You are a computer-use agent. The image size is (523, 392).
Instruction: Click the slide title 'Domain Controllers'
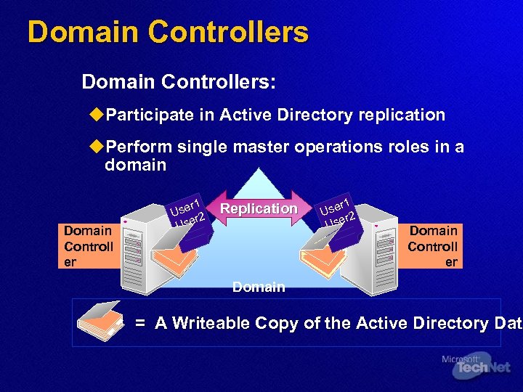point(168,32)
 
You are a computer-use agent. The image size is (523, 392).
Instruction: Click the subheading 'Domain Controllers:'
point(179,81)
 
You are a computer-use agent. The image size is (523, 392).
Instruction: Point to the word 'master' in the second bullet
point(261,147)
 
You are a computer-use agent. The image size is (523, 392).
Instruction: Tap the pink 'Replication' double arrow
point(259,209)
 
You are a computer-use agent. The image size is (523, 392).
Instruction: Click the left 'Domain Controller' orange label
point(88,246)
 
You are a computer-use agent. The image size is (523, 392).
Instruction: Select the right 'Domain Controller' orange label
point(433,246)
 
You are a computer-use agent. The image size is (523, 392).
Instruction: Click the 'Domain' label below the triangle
point(259,287)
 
